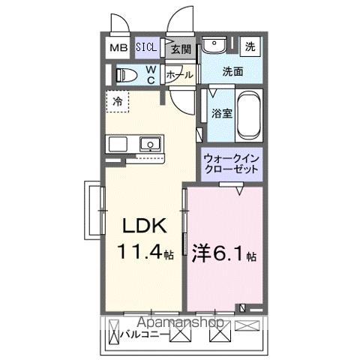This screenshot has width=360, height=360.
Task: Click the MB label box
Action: coord(119,49)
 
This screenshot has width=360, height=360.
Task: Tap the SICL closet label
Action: coord(147,49)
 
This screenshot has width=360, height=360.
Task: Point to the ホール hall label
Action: coord(178,76)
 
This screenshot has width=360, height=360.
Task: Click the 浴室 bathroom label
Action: coord(220,115)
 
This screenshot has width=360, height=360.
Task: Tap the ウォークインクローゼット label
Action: coord(231,163)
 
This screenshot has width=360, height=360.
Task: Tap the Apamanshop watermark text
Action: coord(181,323)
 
